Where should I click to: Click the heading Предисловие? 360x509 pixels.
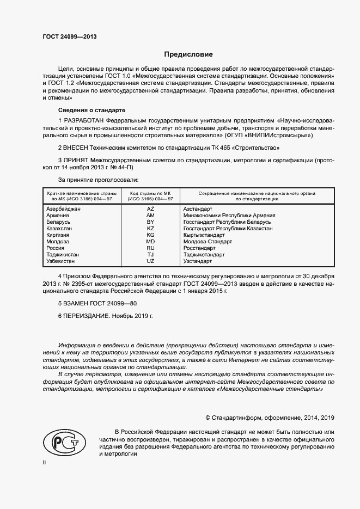click(x=188, y=54)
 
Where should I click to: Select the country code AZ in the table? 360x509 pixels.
click(x=151, y=209)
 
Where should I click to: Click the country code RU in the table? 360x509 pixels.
click(x=151, y=248)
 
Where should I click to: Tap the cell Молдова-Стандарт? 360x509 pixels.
click(x=208, y=242)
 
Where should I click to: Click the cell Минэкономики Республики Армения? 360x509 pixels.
click(x=229, y=216)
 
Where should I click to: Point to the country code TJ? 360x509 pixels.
click(x=151, y=255)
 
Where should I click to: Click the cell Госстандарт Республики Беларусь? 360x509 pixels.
click(x=227, y=222)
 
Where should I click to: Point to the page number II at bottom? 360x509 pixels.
click(x=45, y=463)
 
